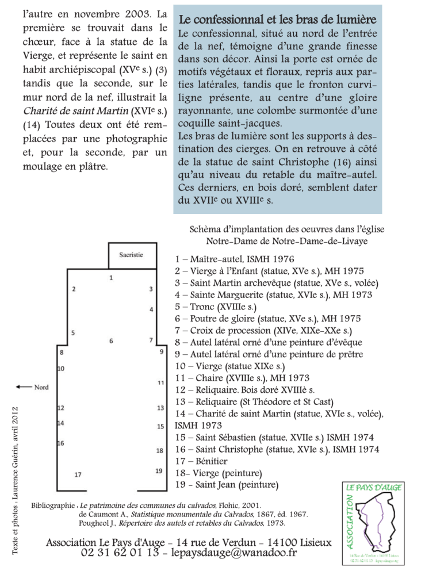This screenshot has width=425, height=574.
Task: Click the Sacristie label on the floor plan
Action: tap(131, 255)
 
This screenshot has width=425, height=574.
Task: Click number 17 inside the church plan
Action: tap(78, 474)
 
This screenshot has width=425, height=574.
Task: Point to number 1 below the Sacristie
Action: tap(111, 277)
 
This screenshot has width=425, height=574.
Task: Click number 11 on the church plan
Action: tap(161, 382)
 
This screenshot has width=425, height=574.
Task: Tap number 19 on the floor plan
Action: tap(159, 471)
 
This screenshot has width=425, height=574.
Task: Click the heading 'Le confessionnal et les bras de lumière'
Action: tap(278, 21)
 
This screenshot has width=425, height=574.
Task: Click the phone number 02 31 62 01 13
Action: tap(120, 553)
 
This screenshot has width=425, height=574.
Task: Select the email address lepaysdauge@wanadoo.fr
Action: tap(229, 553)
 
